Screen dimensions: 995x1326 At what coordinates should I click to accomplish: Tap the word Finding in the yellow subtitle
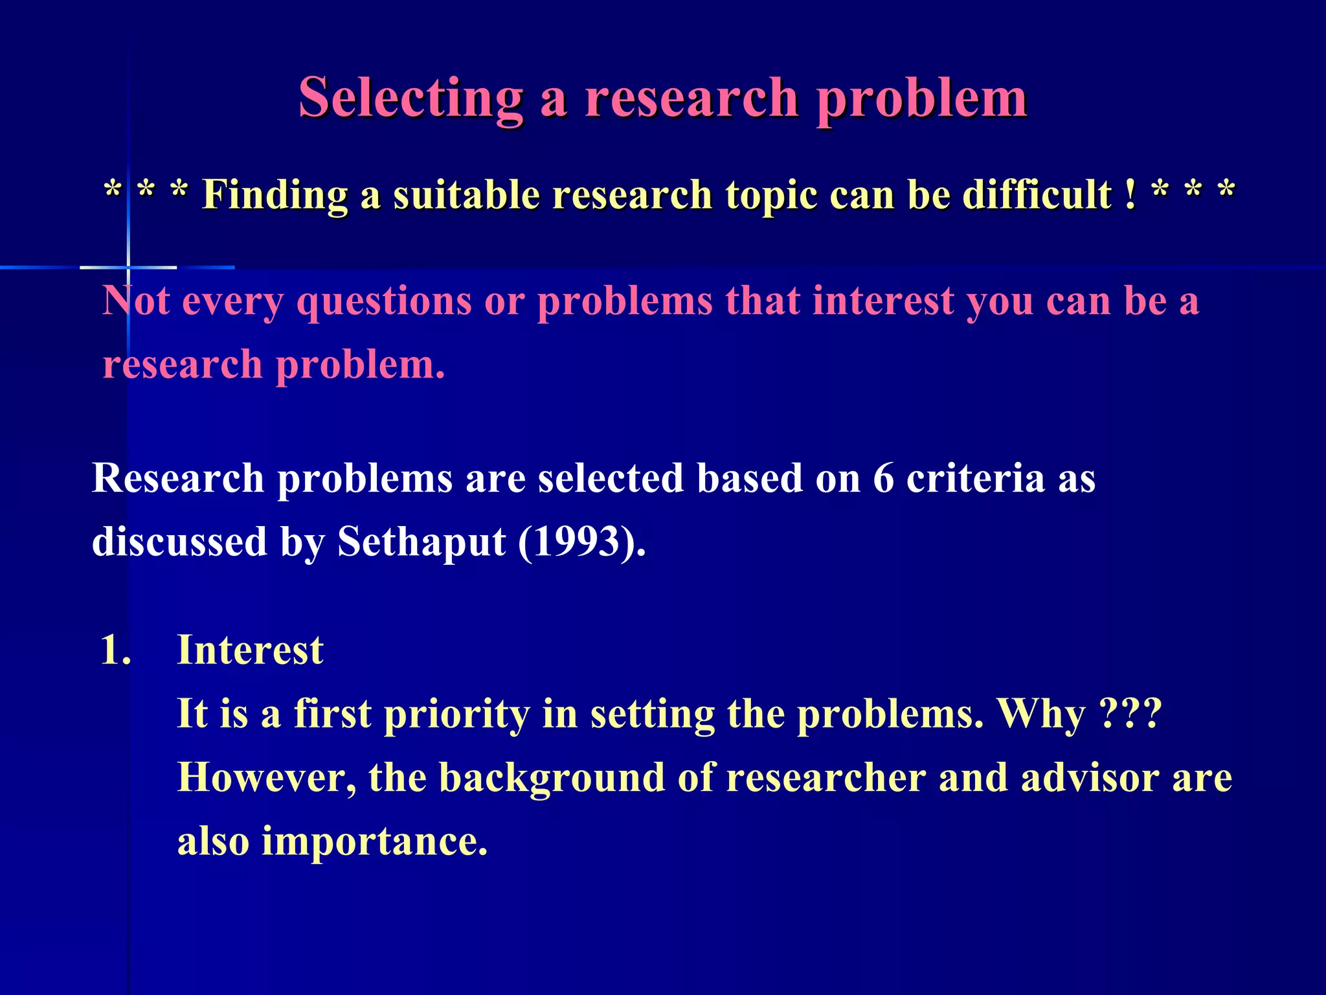275,194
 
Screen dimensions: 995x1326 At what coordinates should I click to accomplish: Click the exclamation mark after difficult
1130,194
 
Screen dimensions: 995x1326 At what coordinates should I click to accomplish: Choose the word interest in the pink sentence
883,301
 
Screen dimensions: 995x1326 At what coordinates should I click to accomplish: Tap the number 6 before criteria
883,479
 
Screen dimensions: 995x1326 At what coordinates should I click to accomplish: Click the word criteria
975,479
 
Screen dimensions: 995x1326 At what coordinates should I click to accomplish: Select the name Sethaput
421,542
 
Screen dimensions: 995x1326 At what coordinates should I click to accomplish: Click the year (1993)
581,542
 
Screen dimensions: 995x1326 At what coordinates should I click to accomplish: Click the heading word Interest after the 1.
250,650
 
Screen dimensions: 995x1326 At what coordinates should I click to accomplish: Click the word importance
374,841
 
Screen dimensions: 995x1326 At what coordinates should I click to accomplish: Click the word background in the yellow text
552,777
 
